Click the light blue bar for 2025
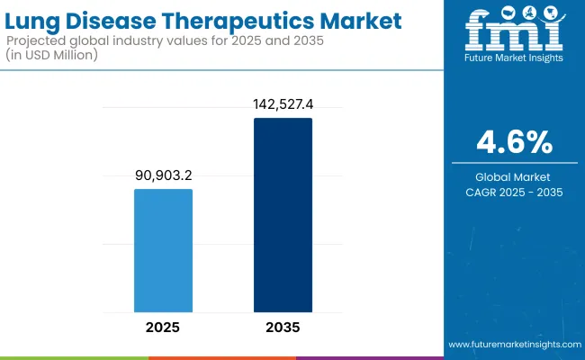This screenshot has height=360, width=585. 163,249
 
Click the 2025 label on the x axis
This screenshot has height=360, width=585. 163,326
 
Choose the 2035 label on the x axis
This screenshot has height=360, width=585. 283,326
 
